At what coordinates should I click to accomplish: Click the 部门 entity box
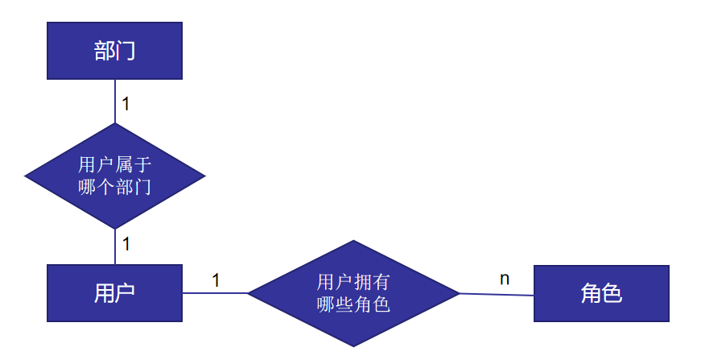(x=114, y=51)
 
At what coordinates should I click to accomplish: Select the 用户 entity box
(x=114, y=293)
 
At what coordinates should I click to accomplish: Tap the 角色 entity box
(x=601, y=294)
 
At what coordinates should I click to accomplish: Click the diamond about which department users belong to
(x=115, y=176)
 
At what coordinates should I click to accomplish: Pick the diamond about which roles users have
(x=353, y=293)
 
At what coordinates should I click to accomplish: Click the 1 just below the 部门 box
(x=126, y=104)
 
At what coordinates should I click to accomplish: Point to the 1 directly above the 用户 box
(x=126, y=242)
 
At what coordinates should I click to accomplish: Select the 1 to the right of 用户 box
(x=216, y=280)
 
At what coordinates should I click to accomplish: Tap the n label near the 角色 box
(x=505, y=279)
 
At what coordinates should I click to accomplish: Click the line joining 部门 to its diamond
(x=115, y=101)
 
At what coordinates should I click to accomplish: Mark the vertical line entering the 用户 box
(x=115, y=246)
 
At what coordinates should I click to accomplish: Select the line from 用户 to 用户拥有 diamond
(x=215, y=293)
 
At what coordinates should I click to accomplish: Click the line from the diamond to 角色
(x=497, y=295)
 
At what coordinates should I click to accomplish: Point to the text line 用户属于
(x=115, y=165)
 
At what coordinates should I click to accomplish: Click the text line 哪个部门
(x=115, y=187)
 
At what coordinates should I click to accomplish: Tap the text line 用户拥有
(x=353, y=282)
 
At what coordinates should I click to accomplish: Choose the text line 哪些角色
(x=353, y=304)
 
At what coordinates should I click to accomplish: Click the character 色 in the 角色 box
(x=612, y=294)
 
